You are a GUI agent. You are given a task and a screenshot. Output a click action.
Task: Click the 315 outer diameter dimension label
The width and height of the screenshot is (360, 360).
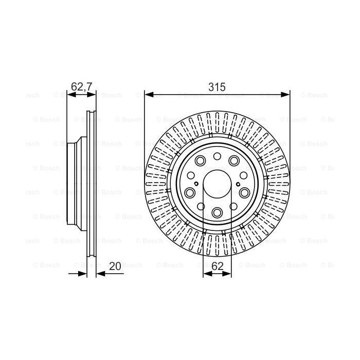pos(217,87)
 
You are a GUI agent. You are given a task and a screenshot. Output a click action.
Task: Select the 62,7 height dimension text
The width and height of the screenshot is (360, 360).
pos(81,87)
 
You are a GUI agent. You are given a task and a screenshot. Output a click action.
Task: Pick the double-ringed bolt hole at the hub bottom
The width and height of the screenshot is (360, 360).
pos(217,212)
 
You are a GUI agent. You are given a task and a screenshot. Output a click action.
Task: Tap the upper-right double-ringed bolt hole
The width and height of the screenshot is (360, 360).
pos(233,161)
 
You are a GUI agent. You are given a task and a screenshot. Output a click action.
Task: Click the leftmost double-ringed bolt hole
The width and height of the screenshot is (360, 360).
pos(190,192)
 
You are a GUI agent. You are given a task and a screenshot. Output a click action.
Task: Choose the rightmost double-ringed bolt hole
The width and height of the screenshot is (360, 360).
pos(244,192)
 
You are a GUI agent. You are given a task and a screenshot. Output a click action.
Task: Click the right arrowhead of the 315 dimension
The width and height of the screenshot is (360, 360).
pos(286,94)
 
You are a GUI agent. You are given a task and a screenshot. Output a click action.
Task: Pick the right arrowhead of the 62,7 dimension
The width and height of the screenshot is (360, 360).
pos(93,94)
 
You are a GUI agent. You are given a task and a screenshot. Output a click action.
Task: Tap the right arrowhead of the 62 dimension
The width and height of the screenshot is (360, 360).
pos(227,274)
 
